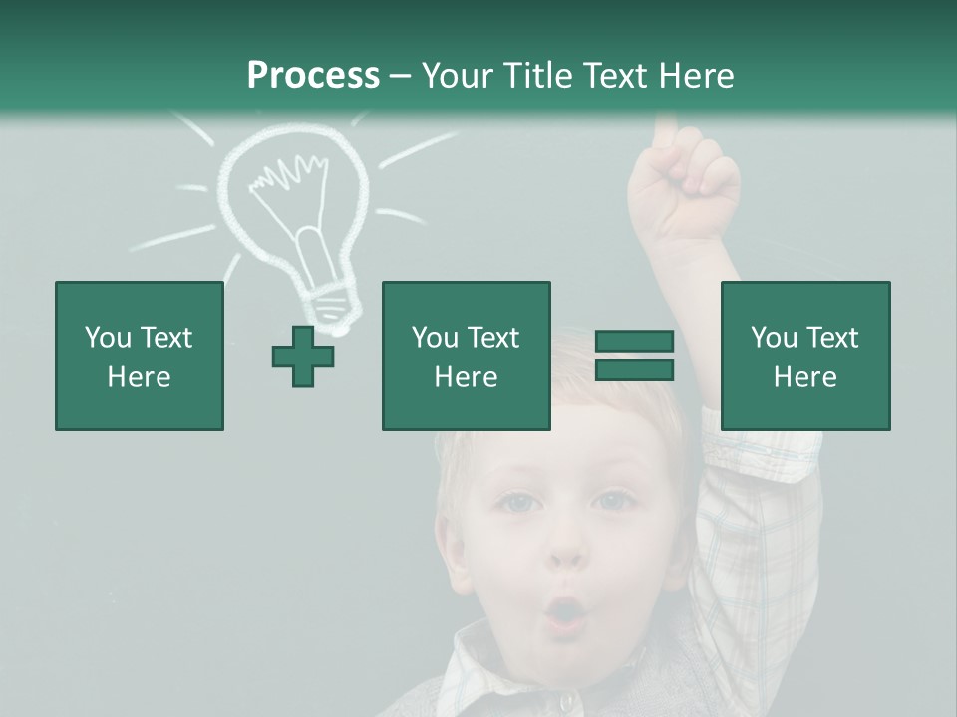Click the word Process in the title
point(313,76)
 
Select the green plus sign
point(303,357)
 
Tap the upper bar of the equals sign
point(634,342)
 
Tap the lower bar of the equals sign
point(634,370)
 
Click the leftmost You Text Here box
point(139,357)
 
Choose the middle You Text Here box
point(466,357)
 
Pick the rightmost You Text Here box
point(804,357)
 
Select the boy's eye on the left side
point(516,503)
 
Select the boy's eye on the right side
point(610,501)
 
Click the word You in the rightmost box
point(774,338)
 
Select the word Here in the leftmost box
point(139,377)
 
